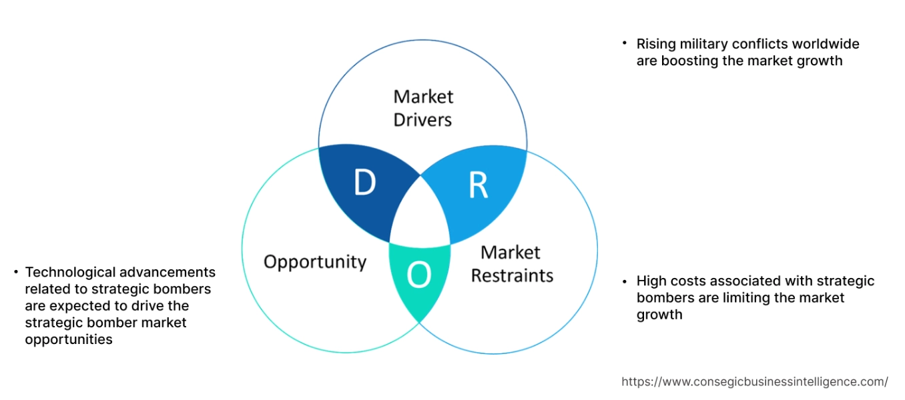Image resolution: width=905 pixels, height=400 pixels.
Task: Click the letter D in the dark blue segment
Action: [364, 183]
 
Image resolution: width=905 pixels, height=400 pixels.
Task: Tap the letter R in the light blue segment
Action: [478, 187]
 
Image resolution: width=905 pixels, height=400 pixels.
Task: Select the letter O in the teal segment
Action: [418, 275]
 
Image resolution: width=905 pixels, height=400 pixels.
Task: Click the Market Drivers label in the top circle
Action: [422, 108]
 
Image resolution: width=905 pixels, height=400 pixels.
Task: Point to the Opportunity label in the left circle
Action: [315, 261]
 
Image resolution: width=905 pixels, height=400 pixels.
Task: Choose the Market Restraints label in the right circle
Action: [512, 264]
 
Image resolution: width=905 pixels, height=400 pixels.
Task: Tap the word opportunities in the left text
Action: [69, 339]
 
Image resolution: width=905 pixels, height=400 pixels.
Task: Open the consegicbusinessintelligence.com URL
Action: [754, 381]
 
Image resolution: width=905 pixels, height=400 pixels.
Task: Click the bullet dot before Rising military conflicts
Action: [625, 43]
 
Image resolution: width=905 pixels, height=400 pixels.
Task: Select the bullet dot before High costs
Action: [625, 280]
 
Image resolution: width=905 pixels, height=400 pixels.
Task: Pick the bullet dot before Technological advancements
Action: [15, 271]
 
